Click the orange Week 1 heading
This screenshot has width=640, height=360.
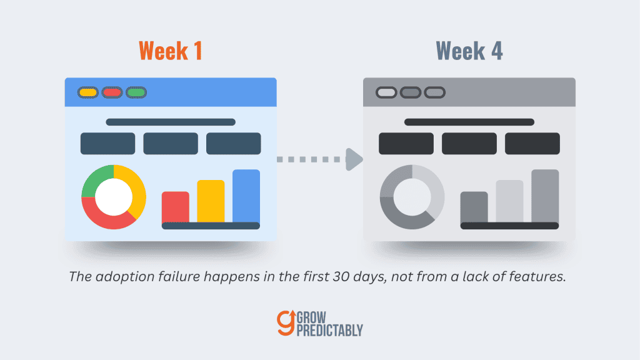coord(171,51)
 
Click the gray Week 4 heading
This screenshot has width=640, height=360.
coord(469,51)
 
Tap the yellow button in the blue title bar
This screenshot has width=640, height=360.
coord(87,92)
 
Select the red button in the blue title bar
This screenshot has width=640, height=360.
coord(112,92)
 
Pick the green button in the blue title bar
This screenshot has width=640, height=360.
coord(136,92)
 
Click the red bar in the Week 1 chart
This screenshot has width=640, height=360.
coord(176,207)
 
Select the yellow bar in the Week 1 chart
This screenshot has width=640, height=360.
coord(211,201)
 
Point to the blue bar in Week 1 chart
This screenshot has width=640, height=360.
coord(246,196)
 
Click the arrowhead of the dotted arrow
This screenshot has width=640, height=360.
coord(354,159)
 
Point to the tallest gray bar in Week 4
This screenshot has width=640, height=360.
coord(545,196)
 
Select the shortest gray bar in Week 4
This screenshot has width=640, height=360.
coord(474,207)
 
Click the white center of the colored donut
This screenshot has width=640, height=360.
coord(114,197)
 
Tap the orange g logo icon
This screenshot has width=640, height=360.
coord(286,323)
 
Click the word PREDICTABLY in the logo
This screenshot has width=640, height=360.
coord(330,330)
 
